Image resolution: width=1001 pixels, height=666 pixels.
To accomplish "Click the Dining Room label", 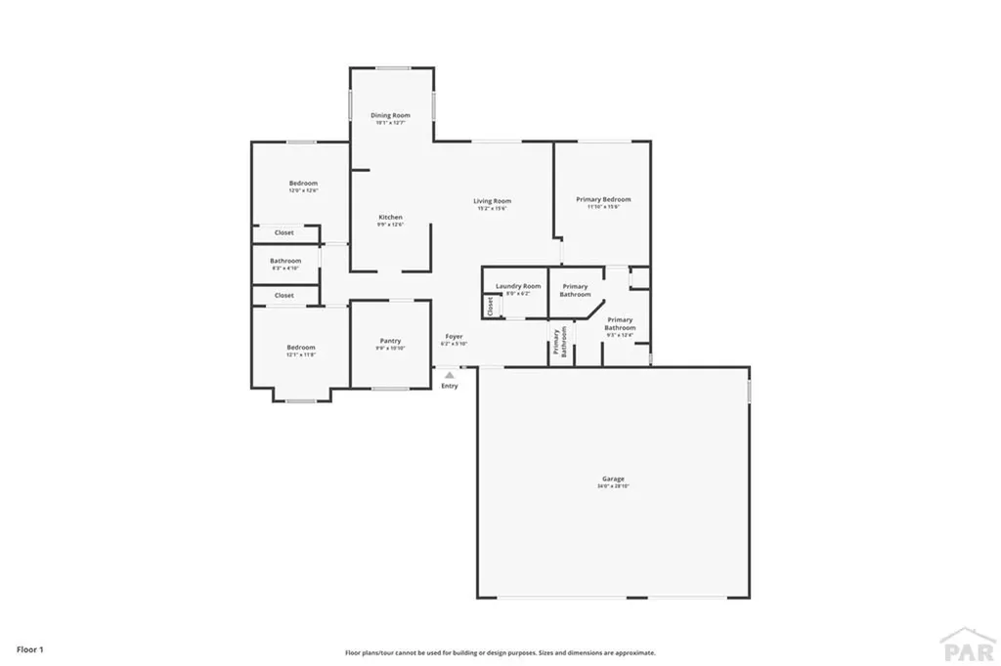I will (x=390, y=115).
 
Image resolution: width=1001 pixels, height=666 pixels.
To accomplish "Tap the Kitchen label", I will (x=390, y=217).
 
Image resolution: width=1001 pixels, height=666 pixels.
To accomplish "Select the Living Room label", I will (x=493, y=201).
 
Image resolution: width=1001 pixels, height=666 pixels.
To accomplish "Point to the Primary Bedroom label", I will (x=603, y=199).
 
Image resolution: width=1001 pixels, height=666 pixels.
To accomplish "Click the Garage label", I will (x=613, y=479).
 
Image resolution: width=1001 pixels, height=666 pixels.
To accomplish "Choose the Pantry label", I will (x=390, y=341).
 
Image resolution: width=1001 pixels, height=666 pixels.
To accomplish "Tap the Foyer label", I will (x=455, y=336).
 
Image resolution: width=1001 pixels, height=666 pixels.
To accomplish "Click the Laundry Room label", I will (x=518, y=286).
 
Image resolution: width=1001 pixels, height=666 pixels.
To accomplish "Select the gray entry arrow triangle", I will (x=450, y=373).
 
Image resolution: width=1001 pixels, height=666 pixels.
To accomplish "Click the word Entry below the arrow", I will (x=450, y=386).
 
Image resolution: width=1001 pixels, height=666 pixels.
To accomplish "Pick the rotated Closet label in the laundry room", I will (x=490, y=306).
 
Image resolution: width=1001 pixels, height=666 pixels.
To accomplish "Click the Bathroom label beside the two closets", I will (x=285, y=261).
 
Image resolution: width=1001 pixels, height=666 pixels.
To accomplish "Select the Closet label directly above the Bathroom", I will (x=283, y=232).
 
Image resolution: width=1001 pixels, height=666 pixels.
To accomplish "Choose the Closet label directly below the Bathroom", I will (x=283, y=295).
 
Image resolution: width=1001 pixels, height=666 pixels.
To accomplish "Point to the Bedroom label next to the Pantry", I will (x=301, y=347).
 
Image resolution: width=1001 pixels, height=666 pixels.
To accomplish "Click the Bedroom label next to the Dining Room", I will (x=303, y=184).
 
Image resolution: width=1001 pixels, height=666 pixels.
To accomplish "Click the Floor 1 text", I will (x=30, y=648).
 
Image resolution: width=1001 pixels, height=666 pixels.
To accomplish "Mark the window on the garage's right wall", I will (x=750, y=391).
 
